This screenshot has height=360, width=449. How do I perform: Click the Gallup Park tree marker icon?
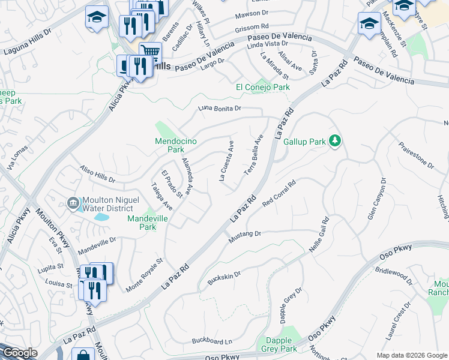(335, 142)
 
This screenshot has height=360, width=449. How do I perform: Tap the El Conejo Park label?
(262, 88)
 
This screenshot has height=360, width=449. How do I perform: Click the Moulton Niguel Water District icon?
(73, 204)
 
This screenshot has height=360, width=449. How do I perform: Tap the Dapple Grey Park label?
(277, 344)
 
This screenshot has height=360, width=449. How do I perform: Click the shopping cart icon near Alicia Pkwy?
(150, 52)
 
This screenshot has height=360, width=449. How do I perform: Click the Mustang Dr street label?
(245, 237)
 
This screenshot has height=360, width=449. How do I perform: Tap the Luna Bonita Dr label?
(220, 109)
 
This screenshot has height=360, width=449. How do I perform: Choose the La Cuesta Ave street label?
(227, 161)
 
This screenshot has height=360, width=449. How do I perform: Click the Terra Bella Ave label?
(253, 155)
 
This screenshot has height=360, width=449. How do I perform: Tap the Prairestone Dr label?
(416, 154)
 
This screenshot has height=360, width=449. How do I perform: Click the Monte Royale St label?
(145, 276)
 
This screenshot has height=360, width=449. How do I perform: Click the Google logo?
(20, 352)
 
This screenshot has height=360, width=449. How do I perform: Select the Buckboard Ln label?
(211, 341)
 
